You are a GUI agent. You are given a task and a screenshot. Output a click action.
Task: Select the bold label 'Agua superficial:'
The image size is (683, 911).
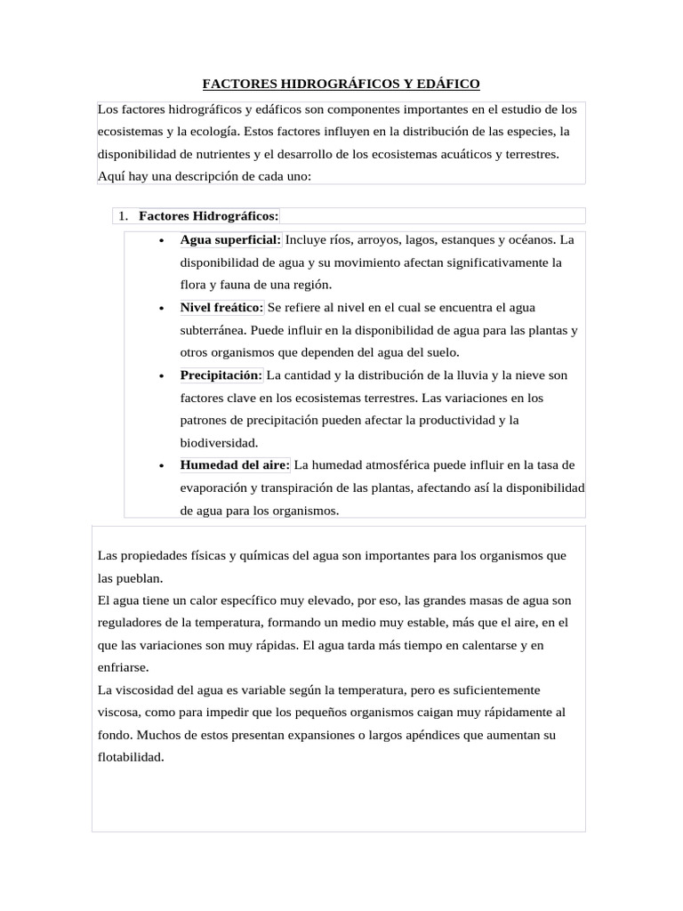(x=230, y=240)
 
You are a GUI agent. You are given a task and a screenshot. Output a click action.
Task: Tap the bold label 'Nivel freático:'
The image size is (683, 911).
(x=221, y=308)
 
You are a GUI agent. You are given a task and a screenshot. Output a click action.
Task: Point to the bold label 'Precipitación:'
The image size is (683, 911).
(x=221, y=375)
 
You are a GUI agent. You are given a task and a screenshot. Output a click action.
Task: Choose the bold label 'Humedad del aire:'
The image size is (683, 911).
(x=235, y=465)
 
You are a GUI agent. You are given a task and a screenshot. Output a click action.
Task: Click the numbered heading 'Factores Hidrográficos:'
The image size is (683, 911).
(x=209, y=216)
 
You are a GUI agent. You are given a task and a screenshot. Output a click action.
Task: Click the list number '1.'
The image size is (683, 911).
(x=124, y=216)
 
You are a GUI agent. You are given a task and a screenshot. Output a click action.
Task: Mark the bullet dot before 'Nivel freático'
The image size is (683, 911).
(x=161, y=309)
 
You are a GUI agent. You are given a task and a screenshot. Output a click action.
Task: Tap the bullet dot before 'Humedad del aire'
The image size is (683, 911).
(x=161, y=466)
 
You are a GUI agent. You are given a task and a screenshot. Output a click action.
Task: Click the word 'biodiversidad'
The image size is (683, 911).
(x=219, y=442)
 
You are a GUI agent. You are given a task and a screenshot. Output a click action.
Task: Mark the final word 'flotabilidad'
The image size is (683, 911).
(x=131, y=758)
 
